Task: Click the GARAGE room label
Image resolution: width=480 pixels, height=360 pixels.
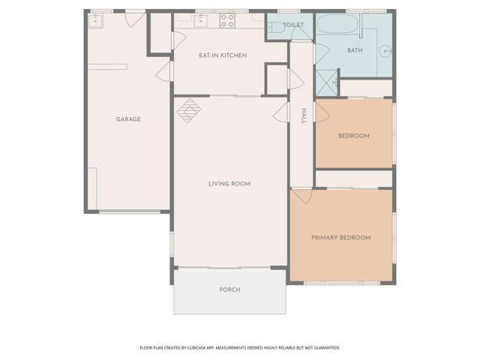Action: tap(128, 119)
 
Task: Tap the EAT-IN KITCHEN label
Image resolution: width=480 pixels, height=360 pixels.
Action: tap(223, 55)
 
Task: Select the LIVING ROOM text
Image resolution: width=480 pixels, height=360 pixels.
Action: tap(229, 184)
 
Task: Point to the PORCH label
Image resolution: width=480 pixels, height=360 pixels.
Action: tap(229, 289)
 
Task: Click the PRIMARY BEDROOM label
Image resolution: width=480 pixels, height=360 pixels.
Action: tap(341, 238)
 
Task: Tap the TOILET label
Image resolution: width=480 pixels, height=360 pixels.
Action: tap(294, 25)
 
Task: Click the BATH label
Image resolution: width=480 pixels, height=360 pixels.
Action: tap(355, 50)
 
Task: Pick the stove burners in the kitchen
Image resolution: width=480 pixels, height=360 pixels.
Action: tap(227, 20)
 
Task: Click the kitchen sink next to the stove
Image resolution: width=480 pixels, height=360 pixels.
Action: tap(201, 21)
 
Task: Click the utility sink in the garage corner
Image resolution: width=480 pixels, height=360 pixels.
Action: tap(95, 20)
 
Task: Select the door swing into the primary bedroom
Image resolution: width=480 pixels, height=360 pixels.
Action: tap(302, 196)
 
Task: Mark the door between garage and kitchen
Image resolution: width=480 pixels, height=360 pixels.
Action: tap(163, 70)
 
